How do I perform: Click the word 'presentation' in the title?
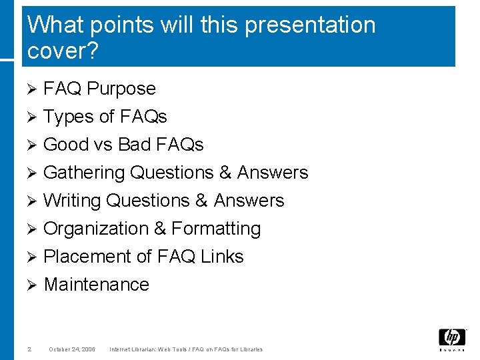310,25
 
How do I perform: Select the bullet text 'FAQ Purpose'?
99,89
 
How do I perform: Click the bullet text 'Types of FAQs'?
105,117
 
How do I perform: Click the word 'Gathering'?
84,173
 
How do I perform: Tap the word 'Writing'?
72,201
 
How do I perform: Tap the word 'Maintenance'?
97,285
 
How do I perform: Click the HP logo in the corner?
451,339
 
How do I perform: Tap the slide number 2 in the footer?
30,349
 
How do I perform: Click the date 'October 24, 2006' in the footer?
72,349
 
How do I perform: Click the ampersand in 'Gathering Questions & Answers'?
225,173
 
